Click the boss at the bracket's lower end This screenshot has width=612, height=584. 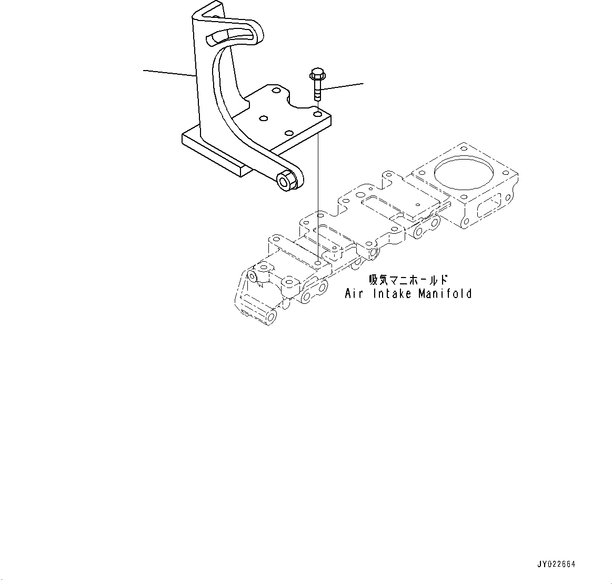(x=287, y=180)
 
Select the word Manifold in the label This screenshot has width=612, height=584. (x=445, y=293)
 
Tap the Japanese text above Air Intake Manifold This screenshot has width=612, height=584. (x=408, y=280)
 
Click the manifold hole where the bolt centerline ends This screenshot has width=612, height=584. (x=317, y=262)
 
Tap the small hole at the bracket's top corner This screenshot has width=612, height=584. (x=216, y=16)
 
